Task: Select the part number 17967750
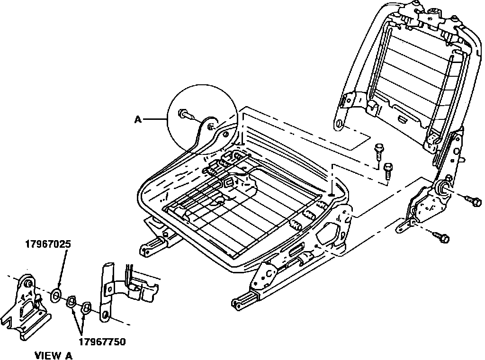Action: pyautogui.click(x=102, y=341)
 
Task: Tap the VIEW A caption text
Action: pyautogui.click(x=54, y=355)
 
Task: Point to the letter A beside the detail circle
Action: pyautogui.click(x=138, y=120)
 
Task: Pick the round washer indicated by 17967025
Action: pyautogui.click(x=55, y=296)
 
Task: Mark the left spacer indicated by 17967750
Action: pyautogui.click(x=72, y=301)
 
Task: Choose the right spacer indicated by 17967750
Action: pyautogui.click(x=86, y=308)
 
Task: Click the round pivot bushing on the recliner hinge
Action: pyautogui.click(x=445, y=188)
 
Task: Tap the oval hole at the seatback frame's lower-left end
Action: pyautogui.click(x=339, y=125)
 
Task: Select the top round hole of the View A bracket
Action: pyautogui.click(x=27, y=283)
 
